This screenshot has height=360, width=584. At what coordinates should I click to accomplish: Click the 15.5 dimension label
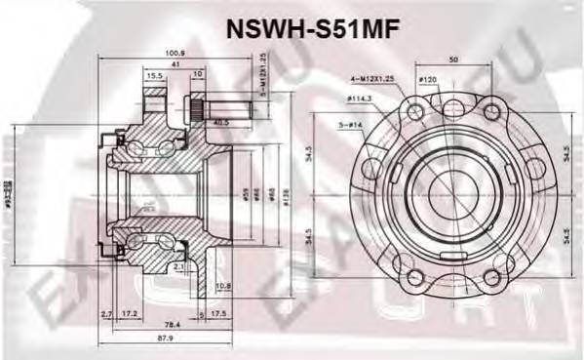(x=155, y=75)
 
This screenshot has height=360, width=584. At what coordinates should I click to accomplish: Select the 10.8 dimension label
(x=223, y=287)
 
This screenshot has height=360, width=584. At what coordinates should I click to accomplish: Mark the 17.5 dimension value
(x=219, y=313)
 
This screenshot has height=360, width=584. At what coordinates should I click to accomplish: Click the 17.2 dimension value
(x=129, y=313)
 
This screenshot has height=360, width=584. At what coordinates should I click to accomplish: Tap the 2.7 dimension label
(x=106, y=313)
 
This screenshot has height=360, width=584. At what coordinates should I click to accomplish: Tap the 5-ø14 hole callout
(x=352, y=126)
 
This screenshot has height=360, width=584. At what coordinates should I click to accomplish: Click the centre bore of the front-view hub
(x=447, y=189)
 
